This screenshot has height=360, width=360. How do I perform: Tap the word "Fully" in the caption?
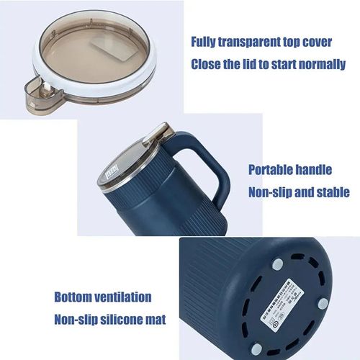click(207, 41)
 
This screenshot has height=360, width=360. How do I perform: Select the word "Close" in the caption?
click(208, 63)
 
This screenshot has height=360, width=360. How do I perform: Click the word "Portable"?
click(272, 170)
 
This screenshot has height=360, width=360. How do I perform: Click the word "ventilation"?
click(127, 297)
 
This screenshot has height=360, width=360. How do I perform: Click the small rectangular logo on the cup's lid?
click(110, 173)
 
